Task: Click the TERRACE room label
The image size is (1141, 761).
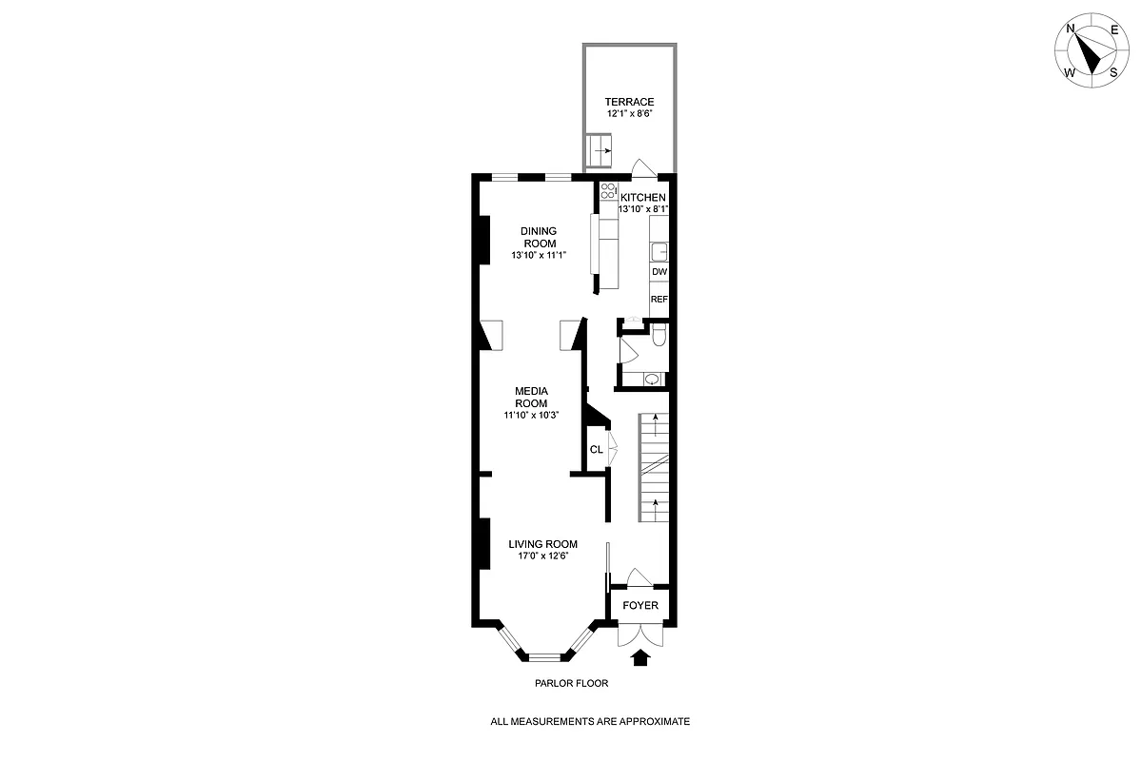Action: [x=629, y=102]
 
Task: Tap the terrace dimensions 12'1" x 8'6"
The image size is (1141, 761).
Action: [x=629, y=114]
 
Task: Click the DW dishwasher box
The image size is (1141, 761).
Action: [x=659, y=271]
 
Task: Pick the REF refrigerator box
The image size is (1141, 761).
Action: [x=659, y=299]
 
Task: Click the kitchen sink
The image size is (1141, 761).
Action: [x=659, y=251]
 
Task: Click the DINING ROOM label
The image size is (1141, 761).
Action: [x=538, y=237]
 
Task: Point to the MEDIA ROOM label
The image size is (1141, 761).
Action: [x=531, y=397]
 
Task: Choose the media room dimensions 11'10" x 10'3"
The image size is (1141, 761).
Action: [x=531, y=415]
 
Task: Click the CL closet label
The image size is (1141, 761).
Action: [x=596, y=449]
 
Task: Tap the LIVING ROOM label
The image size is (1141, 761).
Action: [x=542, y=544]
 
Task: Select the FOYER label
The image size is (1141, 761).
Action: [x=640, y=605]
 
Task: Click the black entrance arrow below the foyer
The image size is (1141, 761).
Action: [x=639, y=656]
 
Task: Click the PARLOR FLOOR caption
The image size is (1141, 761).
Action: [x=571, y=683]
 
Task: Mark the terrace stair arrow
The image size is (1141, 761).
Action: [x=602, y=149]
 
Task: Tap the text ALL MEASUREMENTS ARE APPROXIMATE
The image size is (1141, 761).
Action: [x=590, y=722]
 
